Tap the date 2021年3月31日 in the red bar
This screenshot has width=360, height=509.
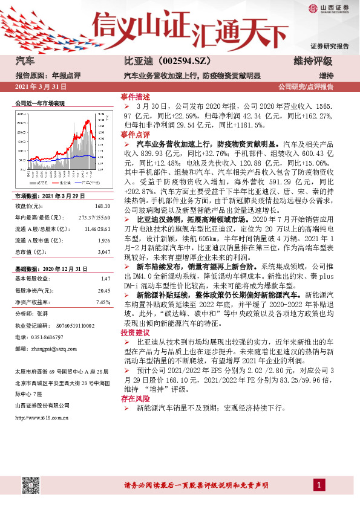[x=39, y=88]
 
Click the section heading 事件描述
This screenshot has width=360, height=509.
[x=136, y=97]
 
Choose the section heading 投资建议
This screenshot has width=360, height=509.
[x=136, y=333]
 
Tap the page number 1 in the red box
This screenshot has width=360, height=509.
[x=318, y=485]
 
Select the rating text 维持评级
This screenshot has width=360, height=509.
[x=313, y=61]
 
